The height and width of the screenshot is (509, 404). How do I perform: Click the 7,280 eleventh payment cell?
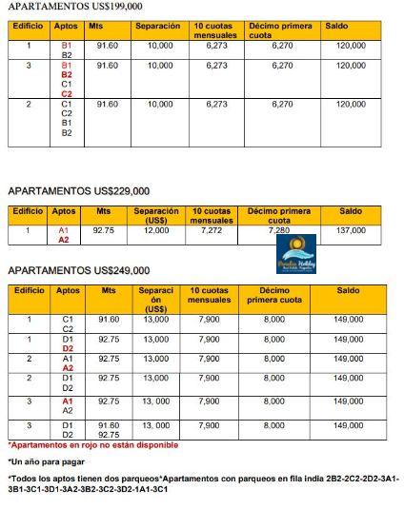[x=279, y=230]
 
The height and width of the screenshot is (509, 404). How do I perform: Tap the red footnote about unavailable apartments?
[x=93, y=444]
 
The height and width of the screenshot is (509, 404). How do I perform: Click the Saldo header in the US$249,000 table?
[x=350, y=290]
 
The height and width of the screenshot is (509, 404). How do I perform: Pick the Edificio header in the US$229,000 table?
[x=29, y=210]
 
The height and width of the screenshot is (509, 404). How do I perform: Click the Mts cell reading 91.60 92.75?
[x=108, y=429]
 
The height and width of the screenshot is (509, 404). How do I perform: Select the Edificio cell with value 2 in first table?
[x=29, y=103]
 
